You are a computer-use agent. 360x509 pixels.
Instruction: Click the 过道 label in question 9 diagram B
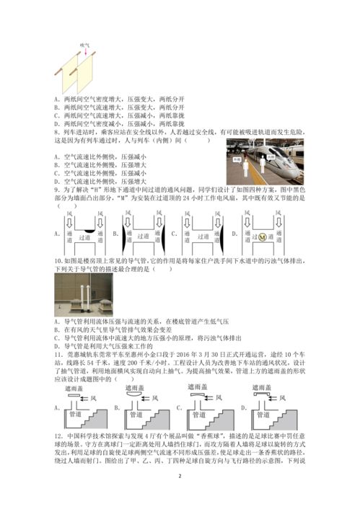[144, 235]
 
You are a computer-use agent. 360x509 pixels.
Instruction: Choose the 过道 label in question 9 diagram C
[203, 235]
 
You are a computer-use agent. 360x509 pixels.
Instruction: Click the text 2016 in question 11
[169, 355]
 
